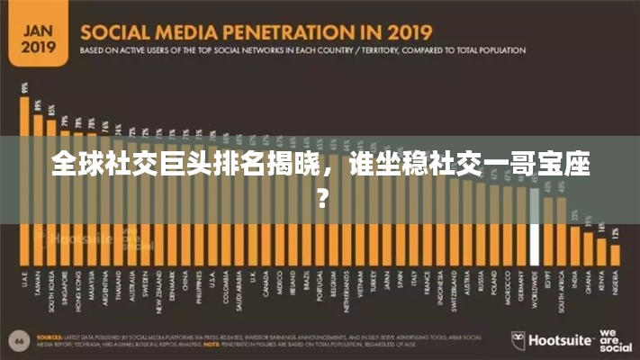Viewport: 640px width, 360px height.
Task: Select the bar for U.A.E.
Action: coord(24,180)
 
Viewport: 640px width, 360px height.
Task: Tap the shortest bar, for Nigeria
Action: coord(615,253)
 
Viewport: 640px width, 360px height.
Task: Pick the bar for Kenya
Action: coord(601,249)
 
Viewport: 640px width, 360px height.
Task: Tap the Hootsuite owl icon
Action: coord(518,339)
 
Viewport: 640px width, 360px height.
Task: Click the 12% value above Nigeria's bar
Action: coord(615,233)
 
